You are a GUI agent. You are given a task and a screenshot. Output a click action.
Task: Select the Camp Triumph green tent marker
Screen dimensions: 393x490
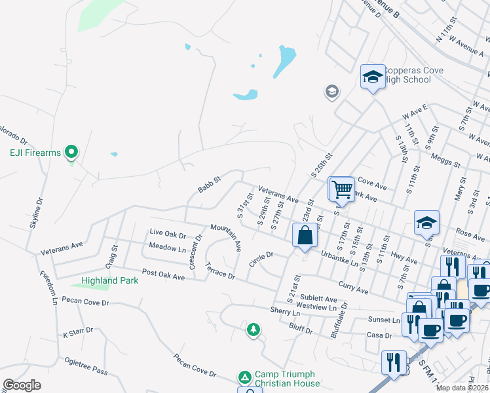[244, 377]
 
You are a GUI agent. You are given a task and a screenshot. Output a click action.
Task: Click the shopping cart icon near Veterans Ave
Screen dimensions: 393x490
[341, 189]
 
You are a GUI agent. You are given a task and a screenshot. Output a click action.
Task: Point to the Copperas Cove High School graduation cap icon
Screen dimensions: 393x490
[373, 77]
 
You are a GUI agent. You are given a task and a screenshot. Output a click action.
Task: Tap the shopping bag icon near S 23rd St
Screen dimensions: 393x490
[305, 236]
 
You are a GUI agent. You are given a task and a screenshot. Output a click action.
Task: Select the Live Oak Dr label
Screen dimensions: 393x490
[168, 233]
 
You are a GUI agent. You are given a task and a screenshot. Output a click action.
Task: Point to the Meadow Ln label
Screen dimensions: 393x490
[168, 248]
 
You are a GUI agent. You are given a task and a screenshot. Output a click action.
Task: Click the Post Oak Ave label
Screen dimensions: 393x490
[164, 276]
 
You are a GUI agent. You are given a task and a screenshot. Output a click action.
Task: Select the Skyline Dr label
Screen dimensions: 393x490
[35, 214]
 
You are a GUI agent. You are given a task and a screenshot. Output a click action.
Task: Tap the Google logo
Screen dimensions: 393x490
[22, 384]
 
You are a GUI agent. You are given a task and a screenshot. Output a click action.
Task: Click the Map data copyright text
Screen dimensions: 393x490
[461, 388]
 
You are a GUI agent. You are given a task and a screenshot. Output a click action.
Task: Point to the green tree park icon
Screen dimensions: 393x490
[253, 329]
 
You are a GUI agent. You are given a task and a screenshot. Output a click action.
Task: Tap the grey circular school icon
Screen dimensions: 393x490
[332, 91]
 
